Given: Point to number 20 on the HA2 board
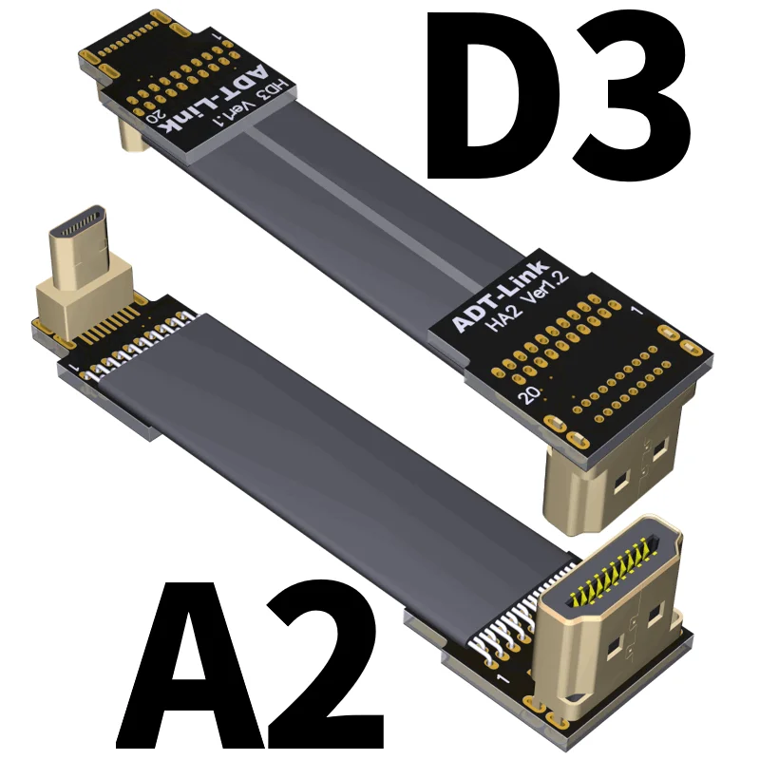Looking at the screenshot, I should (x=523, y=395).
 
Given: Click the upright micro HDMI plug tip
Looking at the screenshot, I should (x=82, y=234).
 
